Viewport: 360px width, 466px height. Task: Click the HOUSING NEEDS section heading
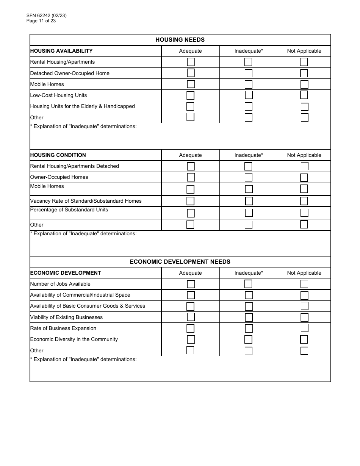tap(180, 40)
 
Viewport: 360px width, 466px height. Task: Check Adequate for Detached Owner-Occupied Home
tap(191, 73)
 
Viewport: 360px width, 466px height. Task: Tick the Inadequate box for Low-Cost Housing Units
tap(248, 95)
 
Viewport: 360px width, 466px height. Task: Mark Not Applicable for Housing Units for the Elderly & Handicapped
tap(304, 106)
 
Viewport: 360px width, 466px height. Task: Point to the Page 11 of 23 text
tap(41, 21)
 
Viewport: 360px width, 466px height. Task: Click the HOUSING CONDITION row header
tap(58, 155)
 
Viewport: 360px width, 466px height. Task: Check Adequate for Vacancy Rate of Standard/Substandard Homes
tap(191, 201)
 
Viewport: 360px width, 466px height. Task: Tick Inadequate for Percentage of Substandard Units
tap(248, 213)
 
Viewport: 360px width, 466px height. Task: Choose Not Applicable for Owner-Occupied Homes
tap(304, 177)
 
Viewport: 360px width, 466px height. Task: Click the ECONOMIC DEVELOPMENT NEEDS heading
tap(180, 262)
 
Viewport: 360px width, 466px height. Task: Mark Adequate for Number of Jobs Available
tap(191, 284)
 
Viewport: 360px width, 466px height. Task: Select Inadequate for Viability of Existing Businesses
tap(248, 317)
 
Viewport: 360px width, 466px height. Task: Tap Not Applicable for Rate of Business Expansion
tap(304, 328)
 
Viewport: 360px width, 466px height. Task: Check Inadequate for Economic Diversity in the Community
tap(248, 339)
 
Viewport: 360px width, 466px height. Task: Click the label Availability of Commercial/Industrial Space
tap(80, 295)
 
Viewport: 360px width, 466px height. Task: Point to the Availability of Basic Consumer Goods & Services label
tap(88, 306)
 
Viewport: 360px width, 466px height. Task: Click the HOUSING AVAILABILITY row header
tap(61, 51)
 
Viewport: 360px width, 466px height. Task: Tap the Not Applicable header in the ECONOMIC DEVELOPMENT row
tap(304, 273)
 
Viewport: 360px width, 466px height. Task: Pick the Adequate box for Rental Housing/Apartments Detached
tap(191, 166)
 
